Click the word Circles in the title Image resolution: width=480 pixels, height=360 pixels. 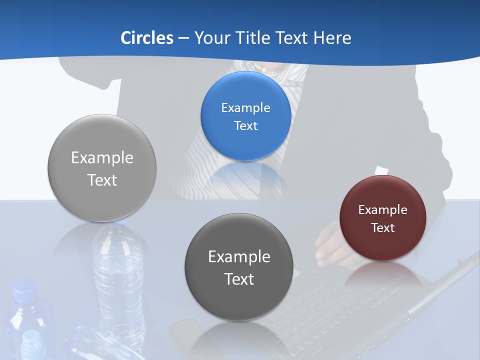point(146,38)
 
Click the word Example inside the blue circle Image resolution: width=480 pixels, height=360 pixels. point(245,108)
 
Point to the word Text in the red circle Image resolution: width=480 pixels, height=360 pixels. point(383,228)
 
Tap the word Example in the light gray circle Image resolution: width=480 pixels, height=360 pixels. point(102,158)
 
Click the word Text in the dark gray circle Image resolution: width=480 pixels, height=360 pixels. point(239,279)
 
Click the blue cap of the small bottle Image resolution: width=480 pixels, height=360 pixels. point(24,288)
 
